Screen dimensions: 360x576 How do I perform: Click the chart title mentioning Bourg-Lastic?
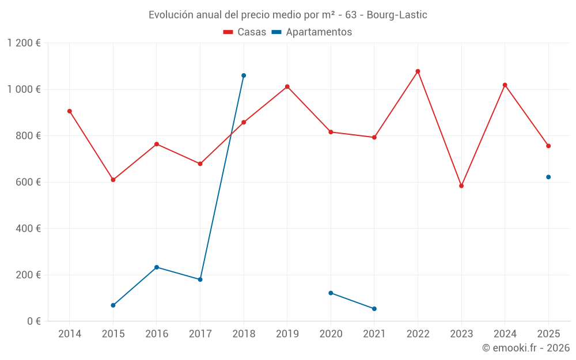pyautogui.click(x=287, y=14)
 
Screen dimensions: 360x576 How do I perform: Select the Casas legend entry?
pyautogui.click(x=245, y=32)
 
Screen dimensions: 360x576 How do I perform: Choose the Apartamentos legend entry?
pyautogui.click(x=312, y=32)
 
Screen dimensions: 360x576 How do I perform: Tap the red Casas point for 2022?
pyautogui.click(x=418, y=71)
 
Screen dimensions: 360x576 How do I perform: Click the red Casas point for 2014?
pyautogui.click(x=70, y=111)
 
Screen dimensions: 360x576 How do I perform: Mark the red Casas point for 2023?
pyautogui.click(x=461, y=186)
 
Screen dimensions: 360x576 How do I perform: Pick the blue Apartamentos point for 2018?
pyautogui.click(x=244, y=75)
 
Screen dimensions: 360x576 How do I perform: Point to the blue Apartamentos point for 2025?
pyautogui.click(x=548, y=177)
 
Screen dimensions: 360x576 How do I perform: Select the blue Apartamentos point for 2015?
pyautogui.click(x=113, y=305)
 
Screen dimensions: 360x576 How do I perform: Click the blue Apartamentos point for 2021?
pyautogui.click(x=374, y=309)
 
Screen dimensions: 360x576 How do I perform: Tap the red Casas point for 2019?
pyautogui.click(x=287, y=87)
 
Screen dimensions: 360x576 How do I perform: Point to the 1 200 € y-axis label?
pyautogui.click(x=24, y=43)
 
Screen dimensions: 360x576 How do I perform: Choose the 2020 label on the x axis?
pyautogui.click(x=331, y=334)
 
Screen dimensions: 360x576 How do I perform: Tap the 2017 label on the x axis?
pyautogui.click(x=200, y=334)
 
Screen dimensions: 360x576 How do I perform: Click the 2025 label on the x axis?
pyautogui.click(x=548, y=334)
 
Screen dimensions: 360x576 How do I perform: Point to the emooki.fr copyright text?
pyautogui.click(x=525, y=348)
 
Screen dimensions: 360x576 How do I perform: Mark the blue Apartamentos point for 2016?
pyautogui.click(x=157, y=267)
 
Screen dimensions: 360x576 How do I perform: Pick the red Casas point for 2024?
pyautogui.click(x=505, y=85)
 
